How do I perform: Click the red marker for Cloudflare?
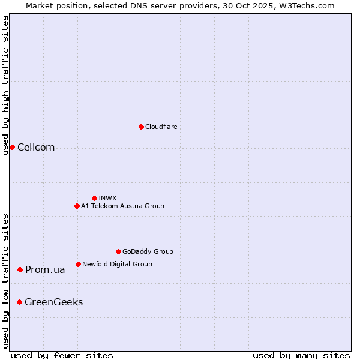click(141, 127)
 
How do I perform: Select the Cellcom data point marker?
click(12, 148)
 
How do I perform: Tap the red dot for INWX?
click(94, 198)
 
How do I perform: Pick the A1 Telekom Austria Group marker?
click(77, 206)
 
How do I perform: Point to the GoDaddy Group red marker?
click(118, 251)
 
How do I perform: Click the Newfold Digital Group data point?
click(78, 264)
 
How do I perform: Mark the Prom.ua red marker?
click(20, 270)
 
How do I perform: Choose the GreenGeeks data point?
click(19, 302)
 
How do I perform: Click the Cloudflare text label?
click(161, 127)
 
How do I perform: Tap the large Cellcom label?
click(36, 148)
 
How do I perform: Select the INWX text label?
click(107, 198)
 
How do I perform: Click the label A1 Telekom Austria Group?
click(122, 206)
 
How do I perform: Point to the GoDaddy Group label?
click(148, 251)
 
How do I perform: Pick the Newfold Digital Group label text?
click(117, 264)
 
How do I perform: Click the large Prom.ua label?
click(45, 270)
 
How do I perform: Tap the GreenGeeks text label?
click(53, 302)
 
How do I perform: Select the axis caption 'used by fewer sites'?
click(62, 355)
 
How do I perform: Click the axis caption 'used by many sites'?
click(301, 355)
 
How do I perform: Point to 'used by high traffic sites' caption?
click(5, 85)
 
